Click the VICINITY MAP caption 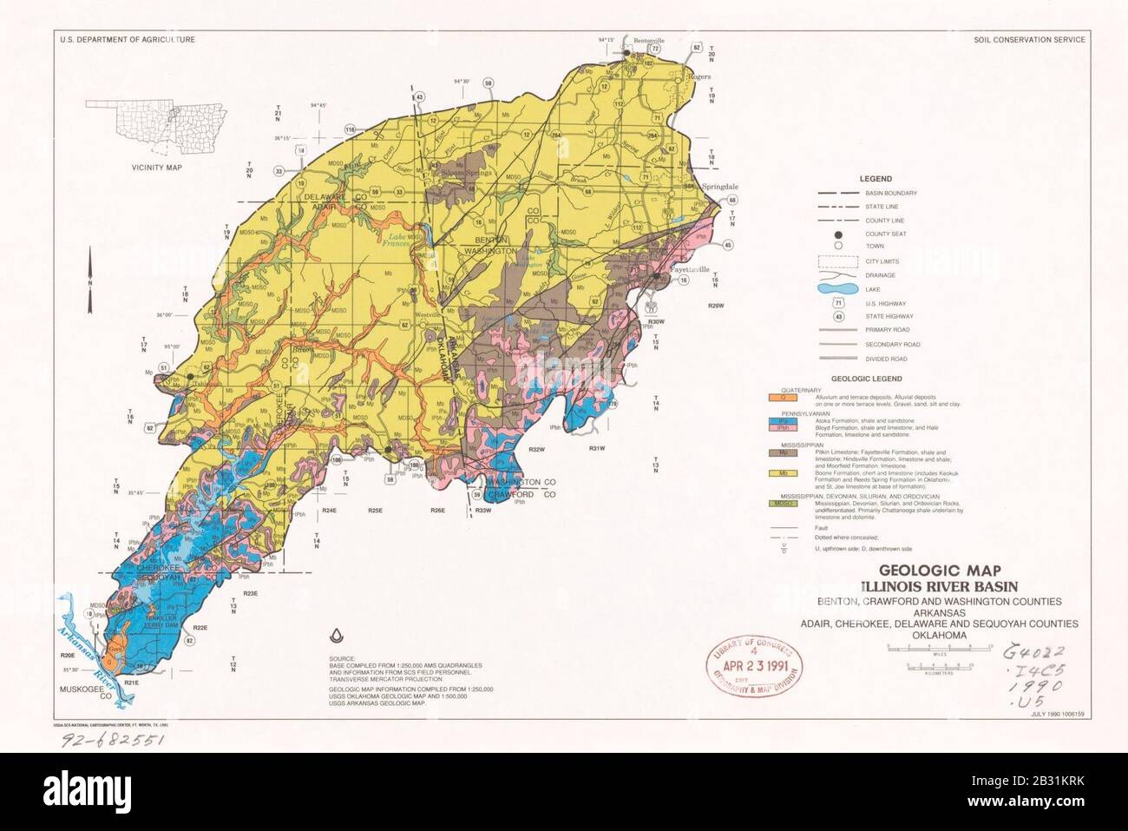157,166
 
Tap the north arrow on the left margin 90,291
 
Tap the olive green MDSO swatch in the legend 783,503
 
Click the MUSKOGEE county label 82,691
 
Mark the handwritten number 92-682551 111,741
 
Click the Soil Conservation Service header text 1029,40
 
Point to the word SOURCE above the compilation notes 342,660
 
